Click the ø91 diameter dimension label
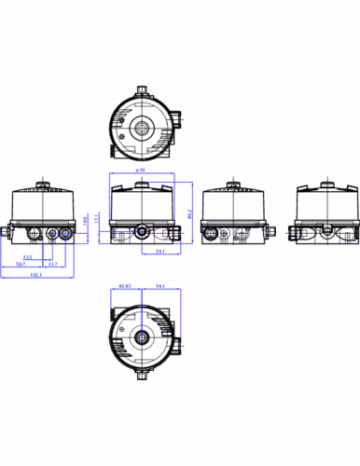(x=140, y=171)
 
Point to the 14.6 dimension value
(x=87, y=222)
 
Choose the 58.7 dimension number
(x=21, y=266)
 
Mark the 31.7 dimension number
(x=54, y=266)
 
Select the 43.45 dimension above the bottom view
(x=125, y=286)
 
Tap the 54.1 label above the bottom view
(x=160, y=286)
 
